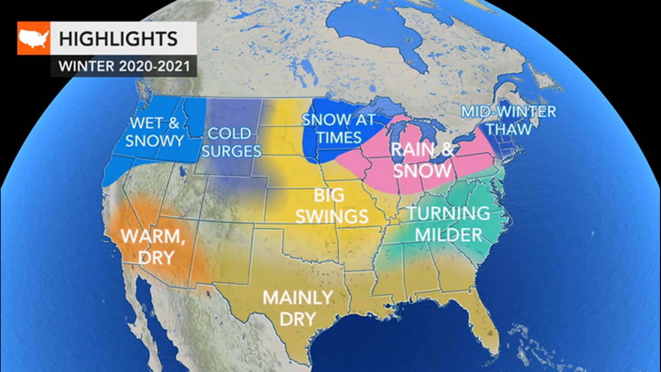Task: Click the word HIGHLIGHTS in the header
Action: [x=118, y=38]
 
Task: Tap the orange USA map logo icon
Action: [x=34, y=38]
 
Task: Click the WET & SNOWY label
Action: [x=155, y=132]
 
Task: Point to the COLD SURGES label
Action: [x=231, y=142]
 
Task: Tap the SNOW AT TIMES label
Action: [x=339, y=128]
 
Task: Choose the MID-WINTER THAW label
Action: [x=508, y=120]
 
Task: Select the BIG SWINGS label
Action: [x=332, y=206]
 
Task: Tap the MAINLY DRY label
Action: [x=298, y=308]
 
